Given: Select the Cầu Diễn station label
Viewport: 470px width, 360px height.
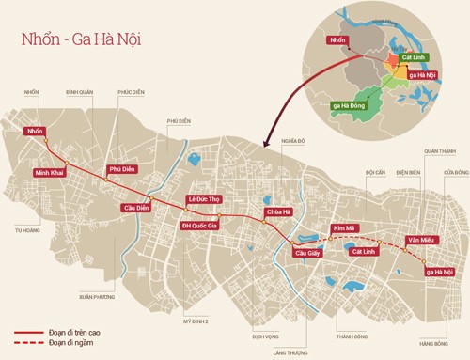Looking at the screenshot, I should coord(135,208).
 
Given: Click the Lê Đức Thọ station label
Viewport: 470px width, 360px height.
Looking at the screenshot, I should coord(203,200).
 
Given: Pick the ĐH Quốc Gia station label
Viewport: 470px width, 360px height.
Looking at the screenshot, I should coord(199,226).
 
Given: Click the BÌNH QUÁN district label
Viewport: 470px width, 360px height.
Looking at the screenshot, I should coord(81,92).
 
